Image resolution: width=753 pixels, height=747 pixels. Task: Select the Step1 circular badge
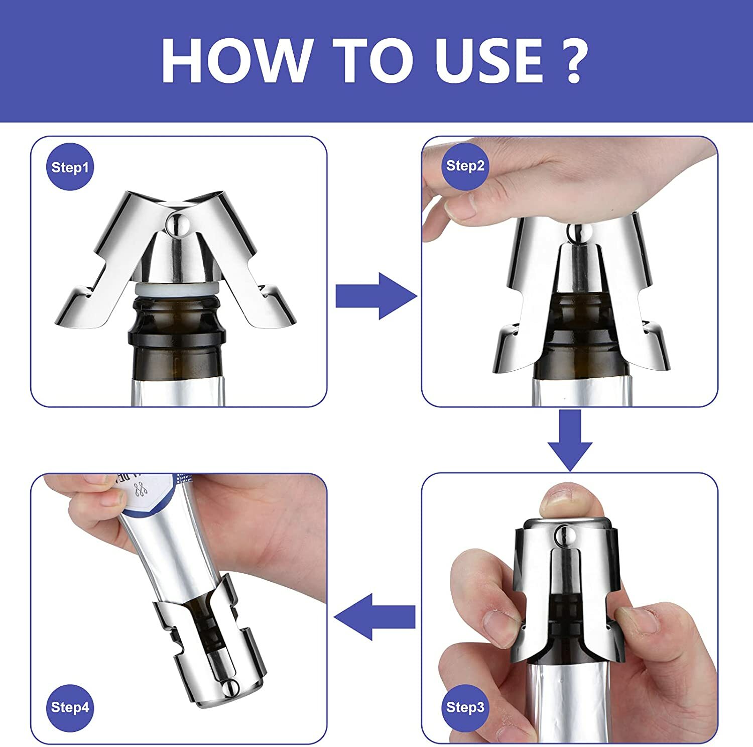(x=70, y=167)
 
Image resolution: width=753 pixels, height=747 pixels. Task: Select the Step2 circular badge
(x=465, y=166)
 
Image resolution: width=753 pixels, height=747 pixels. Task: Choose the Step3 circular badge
(x=465, y=707)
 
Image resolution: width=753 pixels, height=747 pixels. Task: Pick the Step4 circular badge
(x=70, y=707)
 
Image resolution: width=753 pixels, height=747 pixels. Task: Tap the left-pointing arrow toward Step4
(x=374, y=616)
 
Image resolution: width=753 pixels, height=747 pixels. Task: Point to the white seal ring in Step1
(x=176, y=290)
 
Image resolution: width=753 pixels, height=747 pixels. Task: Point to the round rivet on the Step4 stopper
(x=229, y=687)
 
